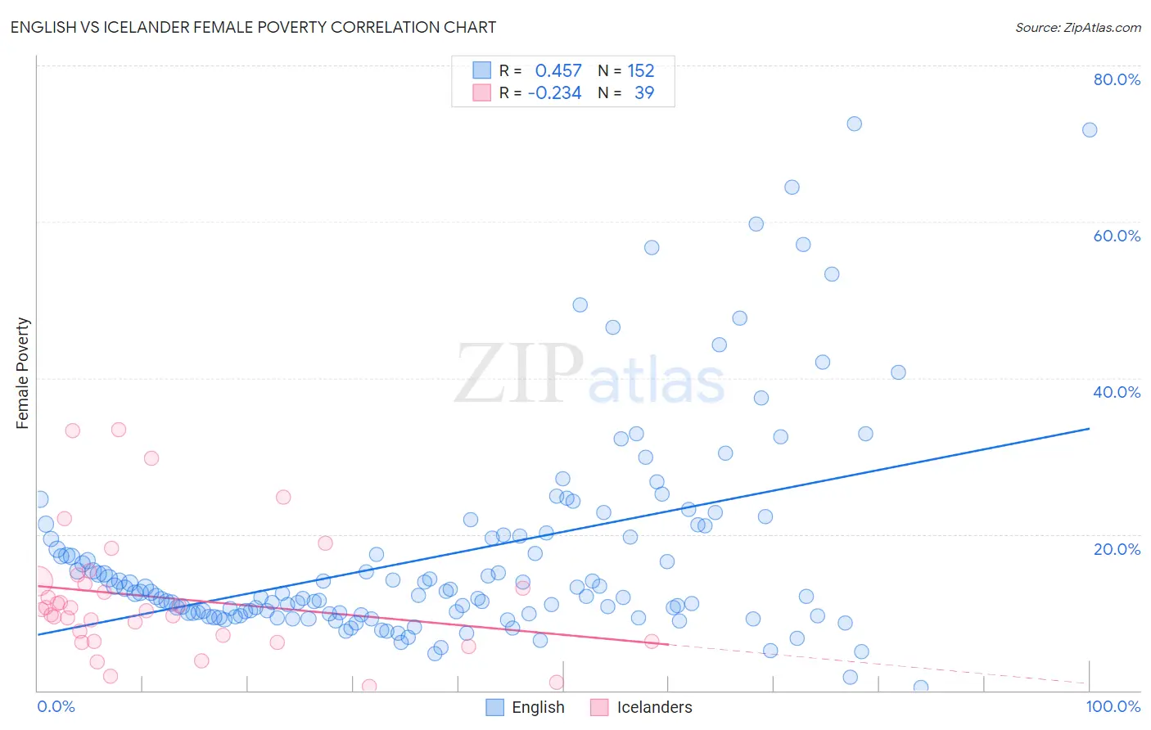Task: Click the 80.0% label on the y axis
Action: click(x=1117, y=79)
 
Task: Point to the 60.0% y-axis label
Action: click(x=1117, y=236)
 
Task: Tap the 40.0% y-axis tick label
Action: click(x=1117, y=392)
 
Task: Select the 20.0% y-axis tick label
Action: click(x=1117, y=549)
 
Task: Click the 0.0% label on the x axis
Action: click(x=56, y=706)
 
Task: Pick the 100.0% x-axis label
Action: click(x=1113, y=706)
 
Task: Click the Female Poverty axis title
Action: click(x=23, y=373)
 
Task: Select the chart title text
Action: click(x=253, y=27)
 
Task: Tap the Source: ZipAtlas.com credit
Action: click(x=1077, y=27)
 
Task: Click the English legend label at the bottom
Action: click(x=538, y=707)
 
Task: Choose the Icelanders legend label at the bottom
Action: click(x=654, y=707)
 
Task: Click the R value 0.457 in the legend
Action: click(x=558, y=70)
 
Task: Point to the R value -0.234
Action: click(x=554, y=92)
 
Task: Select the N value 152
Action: click(x=641, y=70)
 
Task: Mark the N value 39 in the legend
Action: click(x=644, y=92)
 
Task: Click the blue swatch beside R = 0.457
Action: click(x=482, y=70)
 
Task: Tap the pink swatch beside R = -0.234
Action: click(x=482, y=92)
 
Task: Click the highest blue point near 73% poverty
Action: click(x=854, y=124)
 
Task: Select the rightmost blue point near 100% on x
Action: click(x=1090, y=130)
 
